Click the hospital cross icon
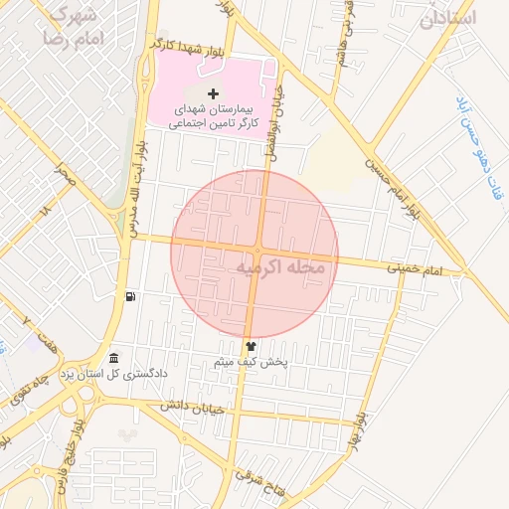click(x=213, y=93)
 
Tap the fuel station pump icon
click(x=130, y=296)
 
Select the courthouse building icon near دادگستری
click(x=114, y=358)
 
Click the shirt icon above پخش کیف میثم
click(x=250, y=346)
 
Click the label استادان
click(x=448, y=18)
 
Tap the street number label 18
click(x=45, y=212)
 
